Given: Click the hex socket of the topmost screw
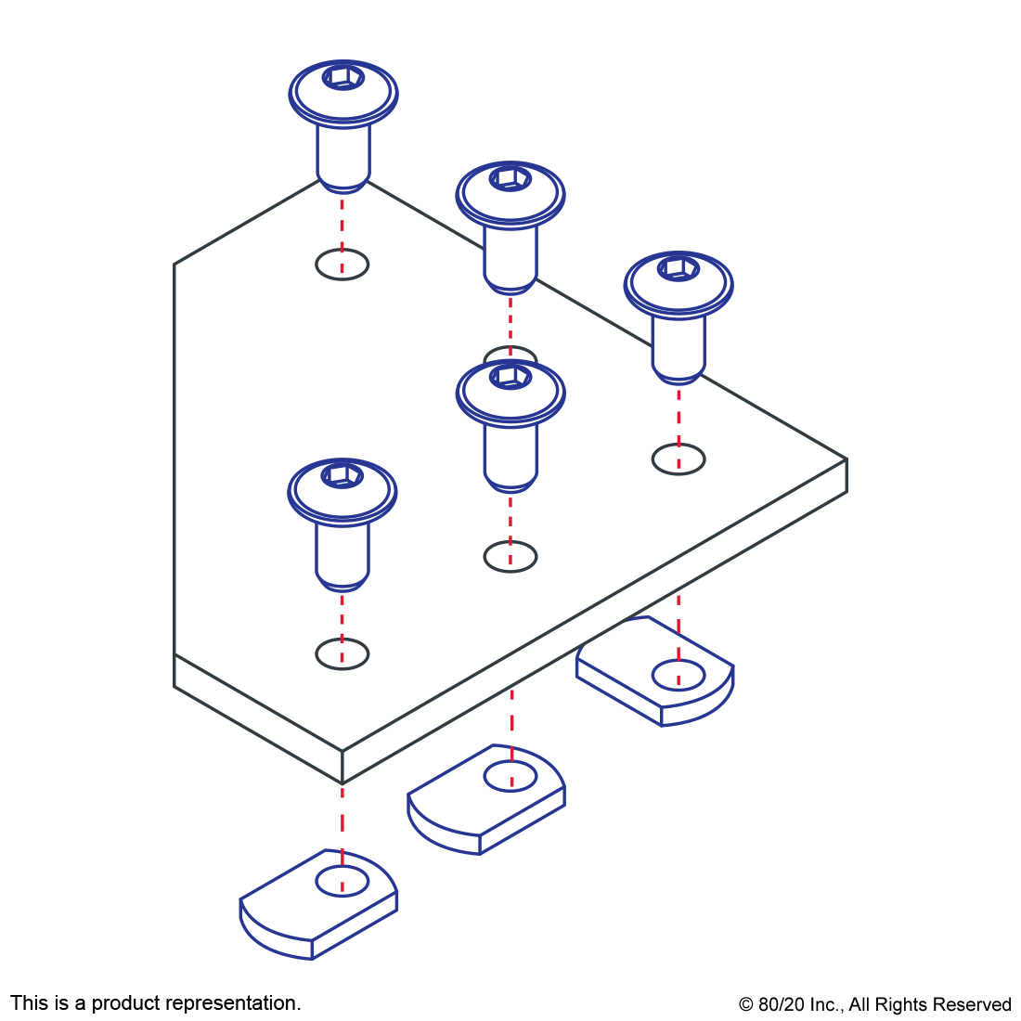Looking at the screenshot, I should click(342, 77).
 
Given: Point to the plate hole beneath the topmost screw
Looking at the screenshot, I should click(342, 265).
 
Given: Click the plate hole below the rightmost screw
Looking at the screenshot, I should click(679, 459).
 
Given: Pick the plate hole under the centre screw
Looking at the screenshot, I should click(510, 557).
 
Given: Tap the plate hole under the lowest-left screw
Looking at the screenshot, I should click(342, 654).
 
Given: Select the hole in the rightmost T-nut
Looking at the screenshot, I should click(679, 676).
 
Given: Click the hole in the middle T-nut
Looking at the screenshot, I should click(510, 776).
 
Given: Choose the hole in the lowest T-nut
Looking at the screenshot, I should click(342, 881).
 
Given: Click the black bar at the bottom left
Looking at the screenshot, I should click(155, 1004).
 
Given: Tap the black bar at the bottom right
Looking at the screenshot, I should click(874, 1006).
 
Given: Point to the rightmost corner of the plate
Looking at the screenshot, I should click(845, 460).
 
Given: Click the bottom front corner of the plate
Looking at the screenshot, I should click(342, 782).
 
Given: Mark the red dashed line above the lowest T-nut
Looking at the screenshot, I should click(342, 821).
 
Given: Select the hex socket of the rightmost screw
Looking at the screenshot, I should click(679, 268).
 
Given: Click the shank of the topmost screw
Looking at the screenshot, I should click(342, 153).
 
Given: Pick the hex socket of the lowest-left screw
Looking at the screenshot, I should click(342, 475).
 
